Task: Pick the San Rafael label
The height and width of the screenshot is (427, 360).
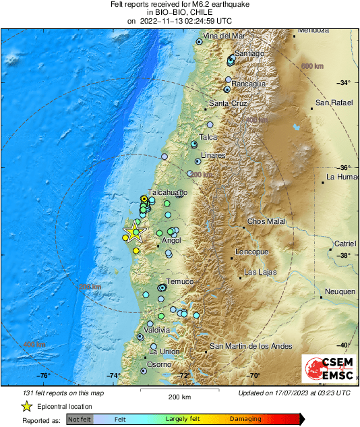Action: tap(330, 103)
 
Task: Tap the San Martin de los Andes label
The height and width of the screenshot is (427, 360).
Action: tap(251, 346)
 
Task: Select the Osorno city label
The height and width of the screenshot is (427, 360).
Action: tap(160, 364)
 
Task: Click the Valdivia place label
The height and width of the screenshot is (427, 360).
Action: tap(156, 329)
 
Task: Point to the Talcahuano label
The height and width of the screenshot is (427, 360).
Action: tap(167, 192)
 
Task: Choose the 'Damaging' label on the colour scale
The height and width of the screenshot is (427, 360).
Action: tap(245, 419)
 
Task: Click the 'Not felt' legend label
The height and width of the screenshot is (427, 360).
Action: tap(79, 419)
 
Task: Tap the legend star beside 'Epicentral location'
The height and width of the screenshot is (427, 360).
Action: tap(26, 407)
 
